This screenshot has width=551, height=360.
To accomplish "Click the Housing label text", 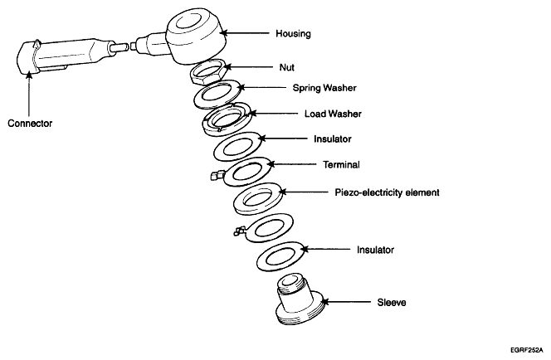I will click(x=293, y=34).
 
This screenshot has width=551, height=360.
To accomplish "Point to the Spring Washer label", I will click(x=301, y=86).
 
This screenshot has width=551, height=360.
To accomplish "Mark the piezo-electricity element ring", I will click(x=260, y=199).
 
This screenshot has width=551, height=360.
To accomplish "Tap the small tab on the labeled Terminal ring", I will click(x=215, y=175).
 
